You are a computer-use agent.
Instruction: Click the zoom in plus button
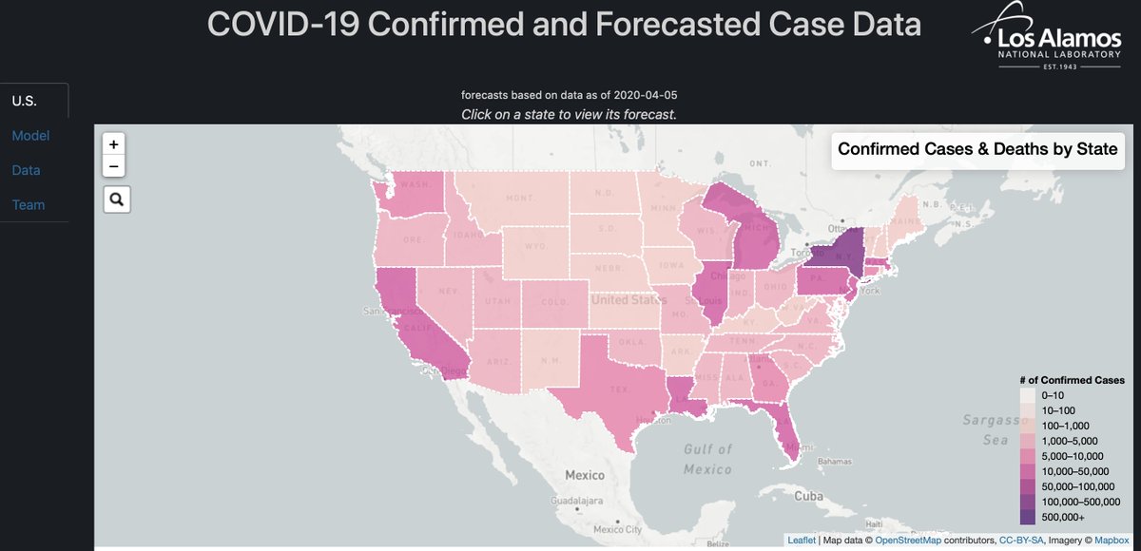[x=114, y=145]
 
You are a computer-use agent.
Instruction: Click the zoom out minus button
[x=114, y=167]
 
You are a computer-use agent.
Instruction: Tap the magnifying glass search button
[x=117, y=199]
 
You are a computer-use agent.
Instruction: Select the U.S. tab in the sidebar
[x=25, y=101]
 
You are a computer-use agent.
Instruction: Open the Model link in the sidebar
[x=30, y=136]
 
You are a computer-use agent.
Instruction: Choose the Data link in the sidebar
[x=27, y=170]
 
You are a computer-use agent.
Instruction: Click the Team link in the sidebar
[x=29, y=204]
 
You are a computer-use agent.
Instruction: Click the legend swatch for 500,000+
[x=1028, y=517]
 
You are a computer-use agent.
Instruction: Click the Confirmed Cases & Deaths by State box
[x=977, y=149]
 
